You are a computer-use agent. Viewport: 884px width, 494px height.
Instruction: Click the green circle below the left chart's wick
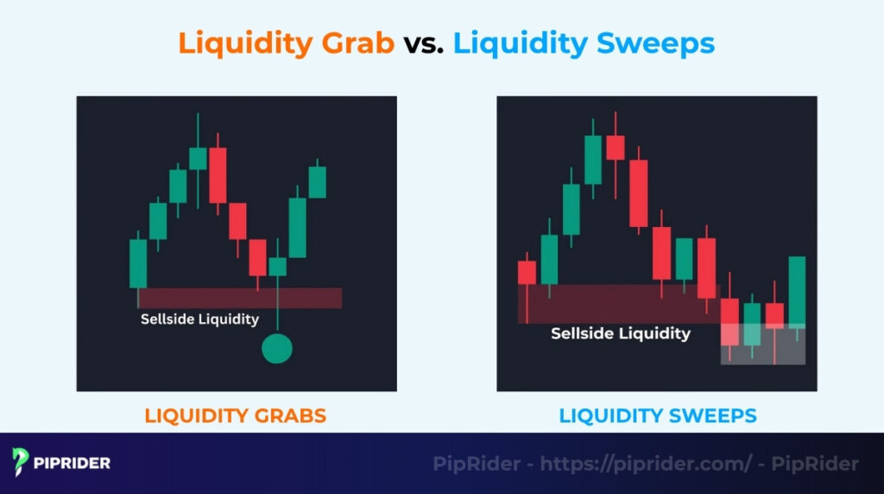277,349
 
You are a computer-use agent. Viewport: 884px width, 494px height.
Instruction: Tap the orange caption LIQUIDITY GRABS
236,415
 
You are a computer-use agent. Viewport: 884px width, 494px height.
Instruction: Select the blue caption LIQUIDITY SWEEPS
658,415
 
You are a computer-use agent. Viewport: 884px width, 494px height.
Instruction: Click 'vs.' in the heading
423,42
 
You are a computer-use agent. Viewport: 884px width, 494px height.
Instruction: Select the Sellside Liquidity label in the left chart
199,320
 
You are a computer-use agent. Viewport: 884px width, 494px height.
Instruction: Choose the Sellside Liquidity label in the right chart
621,333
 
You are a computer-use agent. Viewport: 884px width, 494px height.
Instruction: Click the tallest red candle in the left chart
218,175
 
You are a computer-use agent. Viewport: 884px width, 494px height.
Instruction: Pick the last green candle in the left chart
318,181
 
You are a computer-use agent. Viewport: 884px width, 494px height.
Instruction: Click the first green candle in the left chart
138,263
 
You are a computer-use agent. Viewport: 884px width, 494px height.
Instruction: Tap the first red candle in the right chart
527,272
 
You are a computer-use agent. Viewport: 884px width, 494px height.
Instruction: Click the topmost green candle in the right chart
593,160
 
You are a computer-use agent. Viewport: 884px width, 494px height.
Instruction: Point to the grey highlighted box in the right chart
763,344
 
